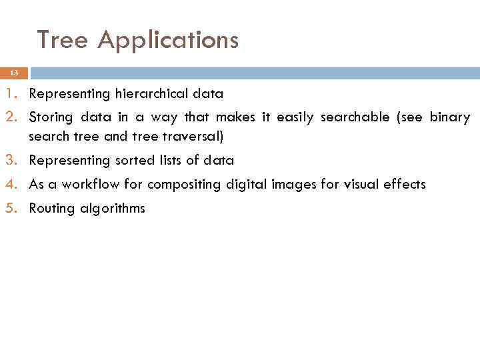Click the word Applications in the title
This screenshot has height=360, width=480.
(x=167, y=41)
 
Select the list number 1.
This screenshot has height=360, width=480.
(x=14, y=93)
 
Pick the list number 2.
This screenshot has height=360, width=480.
(x=14, y=117)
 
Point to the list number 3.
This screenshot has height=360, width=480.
(x=14, y=160)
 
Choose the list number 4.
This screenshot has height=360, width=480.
(x=14, y=184)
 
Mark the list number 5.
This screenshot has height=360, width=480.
(x=14, y=208)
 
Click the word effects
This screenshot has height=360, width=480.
(x=404, y=185)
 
